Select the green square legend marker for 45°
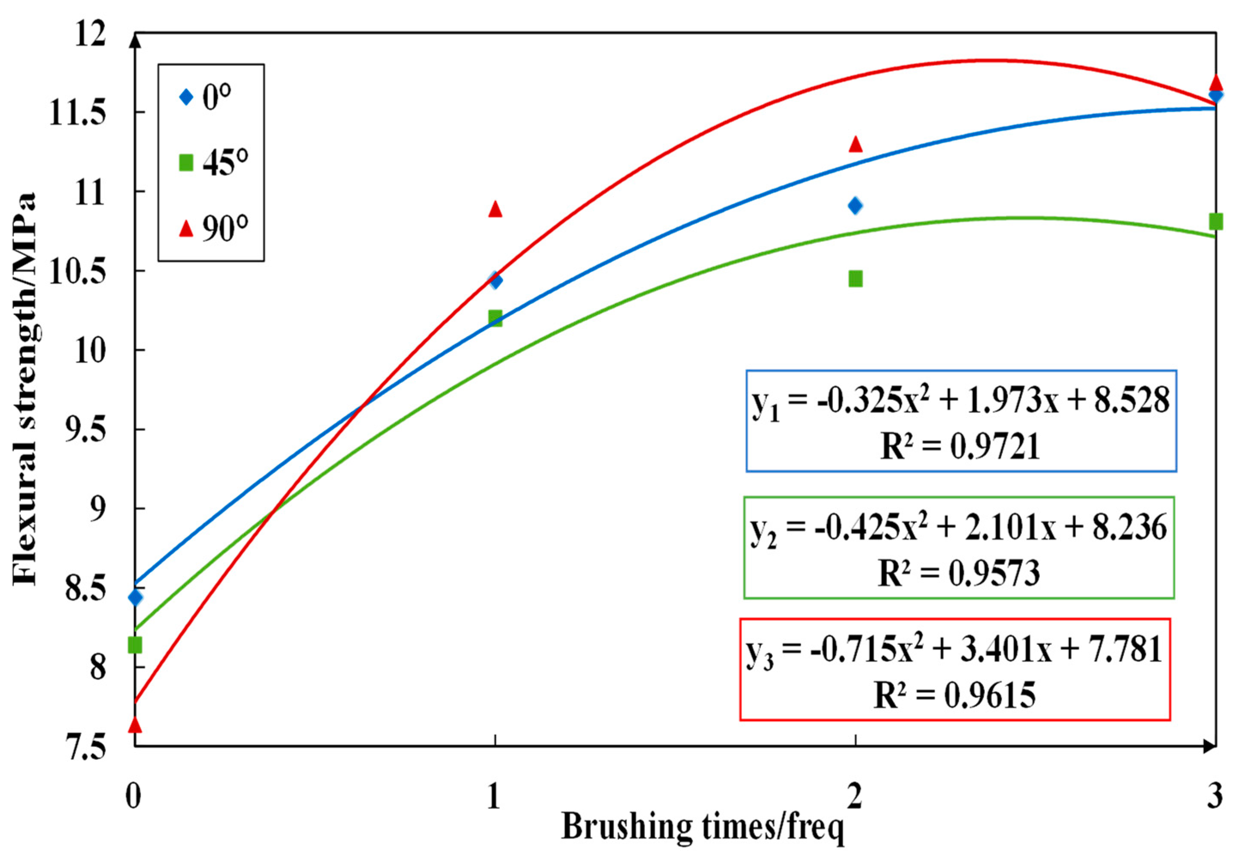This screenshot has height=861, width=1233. click(186, 163)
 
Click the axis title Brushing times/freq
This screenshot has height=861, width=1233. click(703, 827)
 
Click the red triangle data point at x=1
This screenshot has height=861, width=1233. click(495, 209)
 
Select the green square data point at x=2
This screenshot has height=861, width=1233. click(855, 278)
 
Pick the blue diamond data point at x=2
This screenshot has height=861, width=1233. click(855, 205)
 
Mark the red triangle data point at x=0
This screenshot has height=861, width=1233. click(135, 725)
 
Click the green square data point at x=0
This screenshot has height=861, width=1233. click(135, 645)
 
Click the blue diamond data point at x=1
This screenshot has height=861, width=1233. click(495, 280)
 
